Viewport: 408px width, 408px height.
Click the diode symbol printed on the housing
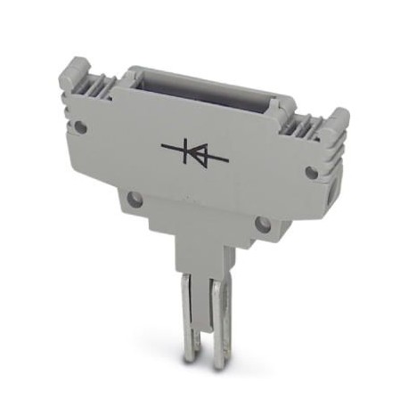click(195, 153)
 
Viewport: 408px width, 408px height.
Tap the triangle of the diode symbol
click(199, 154)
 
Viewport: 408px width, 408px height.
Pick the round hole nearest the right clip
click(311, 172)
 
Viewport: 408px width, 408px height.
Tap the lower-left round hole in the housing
click(134, 199)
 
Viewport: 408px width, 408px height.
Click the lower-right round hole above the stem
click(262, 224)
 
